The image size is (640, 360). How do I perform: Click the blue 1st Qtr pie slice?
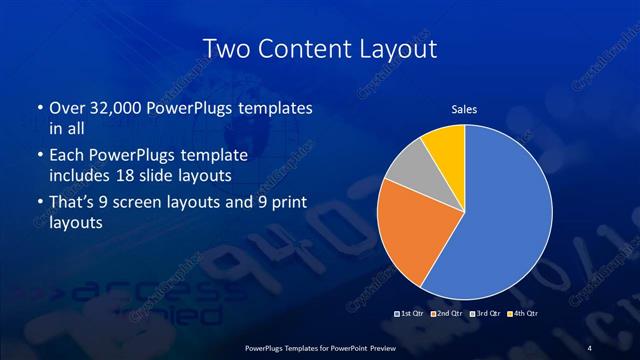point(500,220)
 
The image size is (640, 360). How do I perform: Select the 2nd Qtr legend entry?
point(448,315)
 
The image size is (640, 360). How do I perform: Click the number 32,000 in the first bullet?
point(116,107)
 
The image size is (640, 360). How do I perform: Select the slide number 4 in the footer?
point(589,347)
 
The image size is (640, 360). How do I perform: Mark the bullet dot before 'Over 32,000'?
point(38,107)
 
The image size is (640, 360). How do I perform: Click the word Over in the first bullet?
point(68,107)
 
